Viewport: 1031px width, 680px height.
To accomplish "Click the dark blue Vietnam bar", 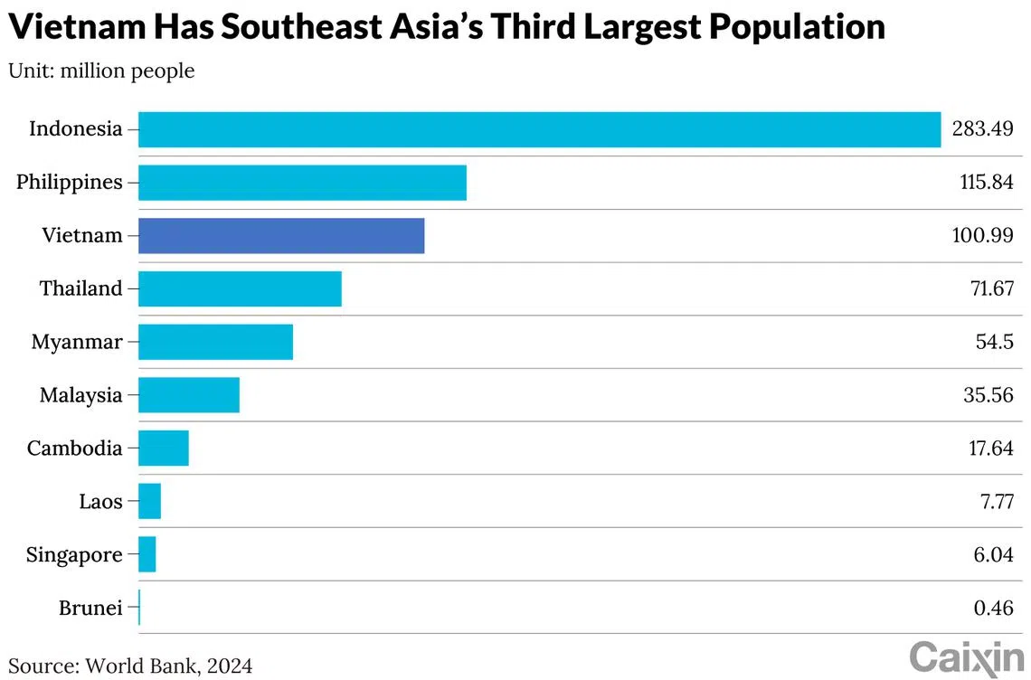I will coord(281,235).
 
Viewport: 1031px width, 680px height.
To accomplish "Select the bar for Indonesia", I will coord(539,129).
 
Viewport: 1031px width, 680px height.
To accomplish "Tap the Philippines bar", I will coord(302,183).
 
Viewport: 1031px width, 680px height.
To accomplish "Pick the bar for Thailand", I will coord(240,288).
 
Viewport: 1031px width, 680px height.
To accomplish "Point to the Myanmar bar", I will coord(215,342).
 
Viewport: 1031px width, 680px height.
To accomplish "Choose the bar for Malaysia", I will coord(189,395).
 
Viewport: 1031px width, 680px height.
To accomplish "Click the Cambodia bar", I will coord(164,449).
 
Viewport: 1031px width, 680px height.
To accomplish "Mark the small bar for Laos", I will coord(150,501).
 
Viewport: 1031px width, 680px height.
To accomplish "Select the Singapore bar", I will coord(147,554).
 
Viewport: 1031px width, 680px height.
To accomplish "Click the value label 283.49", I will coord(982,129).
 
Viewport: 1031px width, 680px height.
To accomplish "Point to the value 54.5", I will coord(994,343).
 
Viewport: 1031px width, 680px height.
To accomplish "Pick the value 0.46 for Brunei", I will coord(993,609).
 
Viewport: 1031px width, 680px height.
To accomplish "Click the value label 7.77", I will coord(993,502).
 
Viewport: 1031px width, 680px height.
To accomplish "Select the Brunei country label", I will coord(90,609).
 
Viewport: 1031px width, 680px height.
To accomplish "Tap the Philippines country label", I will coord(70,183).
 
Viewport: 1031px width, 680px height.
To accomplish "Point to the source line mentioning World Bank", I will coord(130,666).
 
